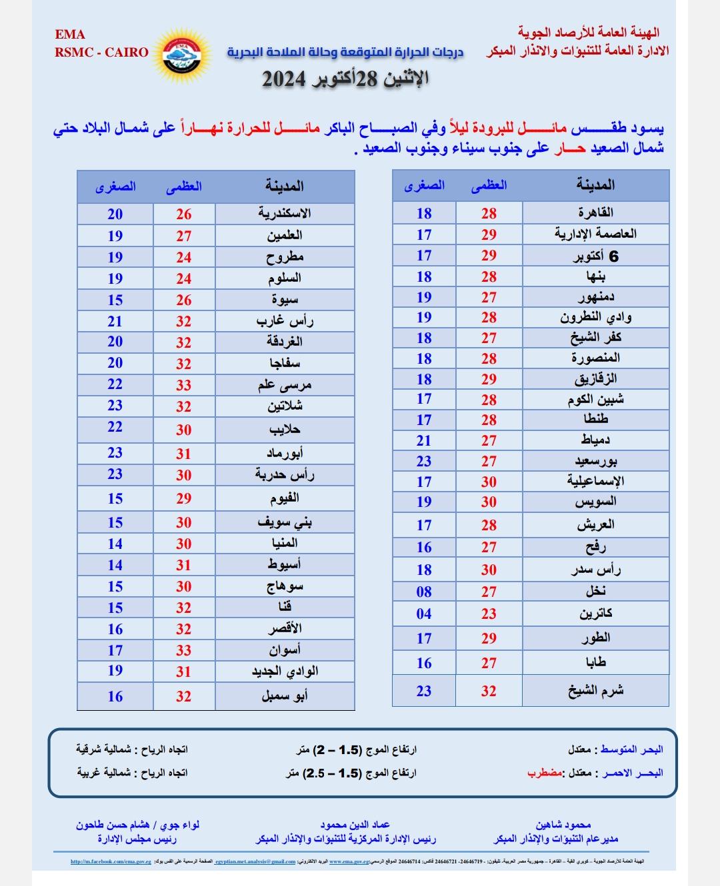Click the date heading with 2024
click(x=345, y=79)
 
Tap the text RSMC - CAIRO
click(x=101, y=52)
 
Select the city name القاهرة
click(x=595, y=213)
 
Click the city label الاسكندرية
click(x=285, y=214)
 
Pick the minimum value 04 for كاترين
click(x=424, y=614)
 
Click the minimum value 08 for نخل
click(x=424, y=592)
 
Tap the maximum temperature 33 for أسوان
click(x=184, y=650)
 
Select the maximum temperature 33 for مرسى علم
click(x=184, y=385)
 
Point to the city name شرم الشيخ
click(x=595, y=691)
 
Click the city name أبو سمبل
click(x=285, y=696)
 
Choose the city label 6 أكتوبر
click(x=595, y=256)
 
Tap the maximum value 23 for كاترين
click(x=489, y=614)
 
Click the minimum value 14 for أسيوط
click(x=115, y=565)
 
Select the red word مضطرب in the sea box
click(x=545, y=773)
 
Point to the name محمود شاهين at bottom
click(x=563, y=825)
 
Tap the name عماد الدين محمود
click(x=355, y=825)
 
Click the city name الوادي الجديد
click(x=285, y=671)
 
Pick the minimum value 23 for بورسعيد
click(x=424, y=461)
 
